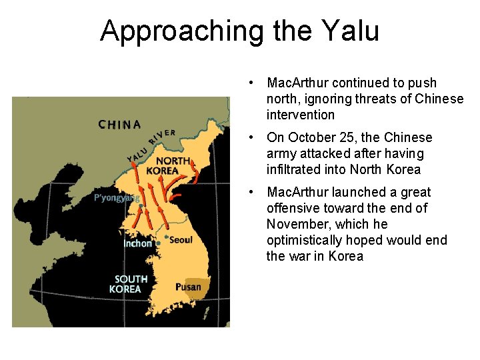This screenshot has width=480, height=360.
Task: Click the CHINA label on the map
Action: (x=119, y=124)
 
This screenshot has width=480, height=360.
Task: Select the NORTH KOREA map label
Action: (x=173, y=165)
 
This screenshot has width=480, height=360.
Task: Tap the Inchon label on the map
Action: (x=137, y=243)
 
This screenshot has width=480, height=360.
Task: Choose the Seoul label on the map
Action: (x=181, y=239)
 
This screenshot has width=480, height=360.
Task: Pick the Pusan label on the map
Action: (x=188, y=287)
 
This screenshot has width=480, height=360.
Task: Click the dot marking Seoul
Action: (x=166, y=237)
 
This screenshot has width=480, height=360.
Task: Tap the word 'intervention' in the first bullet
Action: (x=301, y=115)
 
